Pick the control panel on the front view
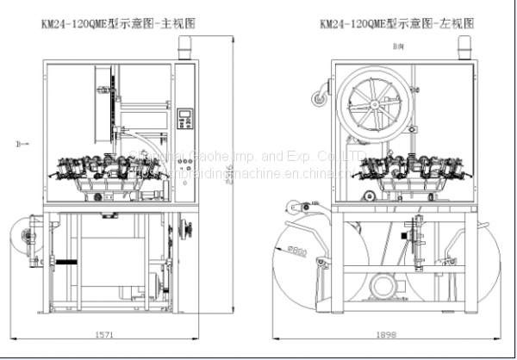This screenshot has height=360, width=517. [184, 121]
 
